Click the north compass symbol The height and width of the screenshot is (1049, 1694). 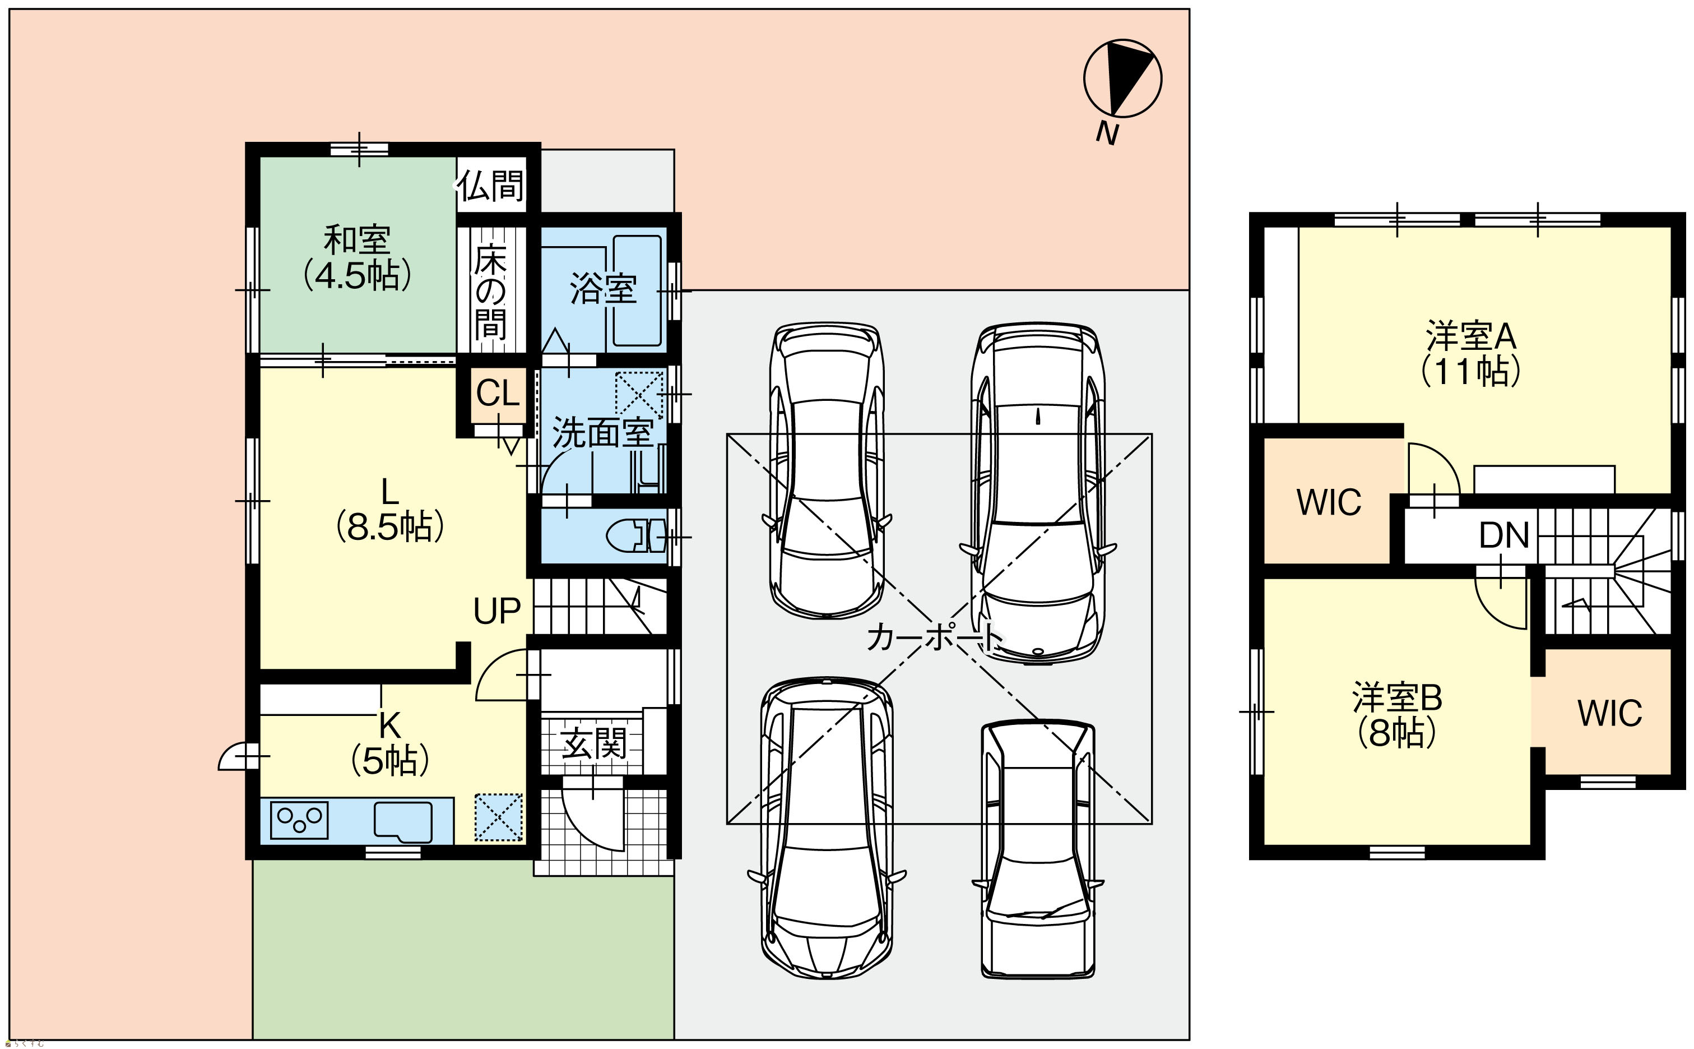tap(1122, 78)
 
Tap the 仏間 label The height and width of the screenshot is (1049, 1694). tap(490, 185)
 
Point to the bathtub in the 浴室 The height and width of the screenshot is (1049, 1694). tap(637, 290)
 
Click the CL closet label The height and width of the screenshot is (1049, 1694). tap(497, 394)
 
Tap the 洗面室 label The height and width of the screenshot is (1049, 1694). tap(602, 433)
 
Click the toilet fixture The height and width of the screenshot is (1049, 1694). tap(636, 535)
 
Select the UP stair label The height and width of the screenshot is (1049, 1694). tap(496, 611)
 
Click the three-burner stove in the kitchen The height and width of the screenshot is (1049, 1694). tap(299, 819)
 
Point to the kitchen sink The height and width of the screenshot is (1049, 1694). tap(403, 821)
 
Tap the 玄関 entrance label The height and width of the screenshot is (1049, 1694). tap(593, 743)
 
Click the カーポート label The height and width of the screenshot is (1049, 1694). tap(934, 636)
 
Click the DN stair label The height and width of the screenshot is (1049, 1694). tap(1504, 535)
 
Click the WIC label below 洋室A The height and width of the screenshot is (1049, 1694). tap(1329, 502)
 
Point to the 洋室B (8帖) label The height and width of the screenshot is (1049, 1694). tap(1397, 715)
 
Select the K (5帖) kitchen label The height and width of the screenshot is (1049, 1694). tap(389, 744)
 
